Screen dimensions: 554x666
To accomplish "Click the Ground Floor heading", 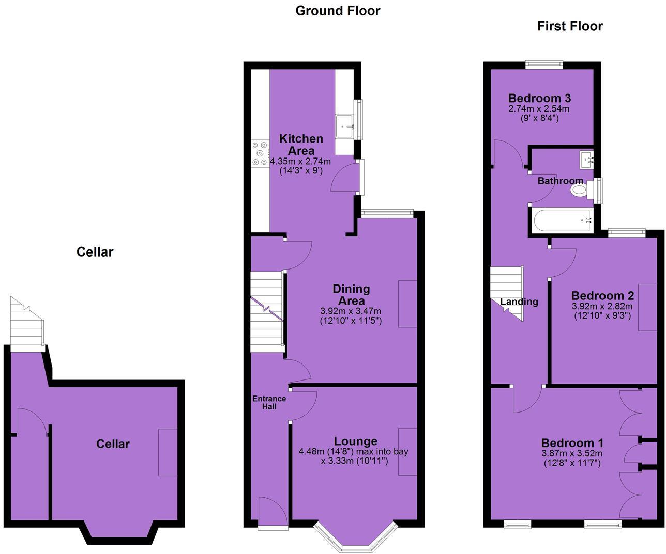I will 338,11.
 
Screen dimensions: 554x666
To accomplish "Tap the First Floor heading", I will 570,26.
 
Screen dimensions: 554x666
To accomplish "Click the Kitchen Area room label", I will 301,145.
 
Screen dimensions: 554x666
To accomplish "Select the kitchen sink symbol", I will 344,126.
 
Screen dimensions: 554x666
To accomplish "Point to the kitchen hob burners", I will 260,154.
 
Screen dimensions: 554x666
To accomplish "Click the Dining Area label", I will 351,294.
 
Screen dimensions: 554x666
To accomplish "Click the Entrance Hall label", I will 269,402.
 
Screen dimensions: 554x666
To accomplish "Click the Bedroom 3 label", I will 539,98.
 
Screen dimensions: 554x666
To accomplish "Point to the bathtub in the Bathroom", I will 561,220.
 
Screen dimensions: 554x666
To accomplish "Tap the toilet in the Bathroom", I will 580,191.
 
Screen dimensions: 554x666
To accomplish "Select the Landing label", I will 519,302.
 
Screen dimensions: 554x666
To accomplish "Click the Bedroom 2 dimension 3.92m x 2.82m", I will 602,306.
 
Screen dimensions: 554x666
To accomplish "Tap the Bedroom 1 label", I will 572,443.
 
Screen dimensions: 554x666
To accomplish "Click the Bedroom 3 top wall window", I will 544,65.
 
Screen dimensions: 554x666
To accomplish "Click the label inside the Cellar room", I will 113,444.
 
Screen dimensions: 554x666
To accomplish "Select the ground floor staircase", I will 267,312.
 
